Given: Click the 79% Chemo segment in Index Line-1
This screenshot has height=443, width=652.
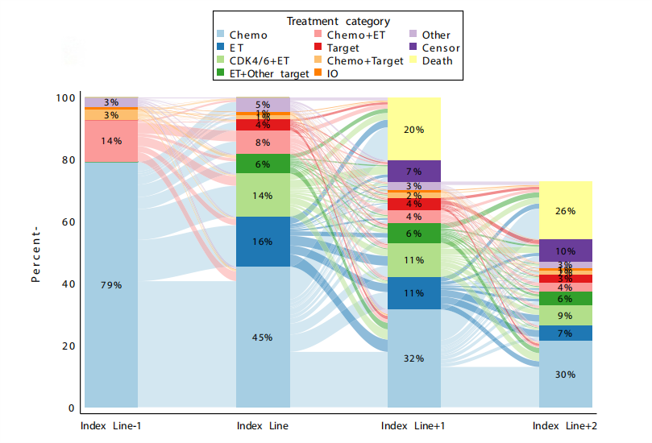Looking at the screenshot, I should pyautogui.click(x=111, y=284).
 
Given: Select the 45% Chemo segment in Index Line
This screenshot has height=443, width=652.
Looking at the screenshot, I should pyautogui.click(x=263, y=337).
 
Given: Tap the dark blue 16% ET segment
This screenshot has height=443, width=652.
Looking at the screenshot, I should pyautogui.click(x=263, y=242).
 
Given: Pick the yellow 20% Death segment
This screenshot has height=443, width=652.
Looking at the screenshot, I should pyautogui.click(x=414, y=129).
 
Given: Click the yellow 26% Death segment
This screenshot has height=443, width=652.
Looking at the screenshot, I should pyautogui.click(x=566, y=210).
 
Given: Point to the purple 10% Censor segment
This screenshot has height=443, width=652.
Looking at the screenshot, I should pyautogui.click(x=566, y=250).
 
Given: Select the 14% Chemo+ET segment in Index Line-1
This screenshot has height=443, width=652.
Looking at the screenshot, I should pyautogui.click(x=111, y=141).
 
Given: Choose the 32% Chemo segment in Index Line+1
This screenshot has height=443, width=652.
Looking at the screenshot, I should pyautogui.click(x=414, y=358).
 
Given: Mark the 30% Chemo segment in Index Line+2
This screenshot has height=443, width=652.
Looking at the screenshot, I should pyautogui.click(x=566, y=374).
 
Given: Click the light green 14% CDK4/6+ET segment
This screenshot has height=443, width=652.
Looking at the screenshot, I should pyautogui.click(x=263, y=195).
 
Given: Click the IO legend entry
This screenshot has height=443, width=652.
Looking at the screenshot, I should pyautogui.click(x=332, y=73).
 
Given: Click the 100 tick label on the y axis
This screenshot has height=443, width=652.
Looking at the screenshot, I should pyautogui.click(x=64, y=97).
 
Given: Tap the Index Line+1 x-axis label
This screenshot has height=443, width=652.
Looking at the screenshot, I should pyautogui.click(x=414, y=425).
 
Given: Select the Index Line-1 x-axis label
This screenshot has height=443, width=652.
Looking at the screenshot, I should pyautogui.click(x=111, y=425).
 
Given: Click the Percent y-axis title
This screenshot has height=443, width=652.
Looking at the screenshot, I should pyautogui.click(x=35, y=253).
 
